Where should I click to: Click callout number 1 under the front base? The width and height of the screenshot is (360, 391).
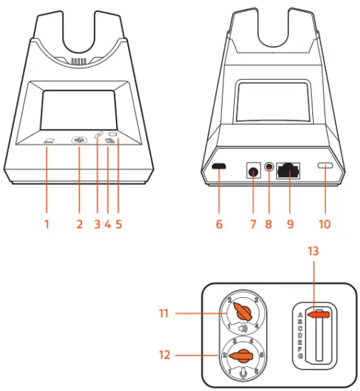pos(46,225)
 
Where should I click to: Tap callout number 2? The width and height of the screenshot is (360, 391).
pos(79,225)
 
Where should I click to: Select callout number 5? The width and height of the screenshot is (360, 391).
pos(119,225)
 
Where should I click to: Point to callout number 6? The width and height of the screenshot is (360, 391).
pos(219,225)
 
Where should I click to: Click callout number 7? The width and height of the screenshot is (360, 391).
pos(253,225)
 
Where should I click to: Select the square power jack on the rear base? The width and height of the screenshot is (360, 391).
pos(253,171)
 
